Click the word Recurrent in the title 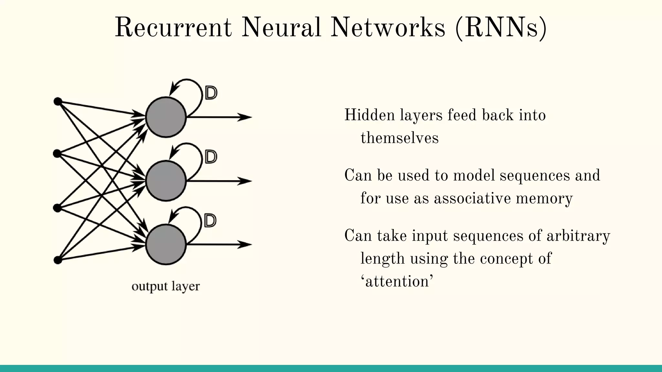(174, 28)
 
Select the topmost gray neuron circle (166, 117)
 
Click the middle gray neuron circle (166, 181)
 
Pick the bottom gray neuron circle (166, 245)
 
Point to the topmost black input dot (58, 102)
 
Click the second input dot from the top (57, 154)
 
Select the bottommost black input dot (58, 260)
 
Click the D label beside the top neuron (211, 93)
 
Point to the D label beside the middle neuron (211, 157)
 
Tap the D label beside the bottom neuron (210, 221)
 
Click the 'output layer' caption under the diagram (166, 286)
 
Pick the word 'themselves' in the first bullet (400, 138)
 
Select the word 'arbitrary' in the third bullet (578, 235)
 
